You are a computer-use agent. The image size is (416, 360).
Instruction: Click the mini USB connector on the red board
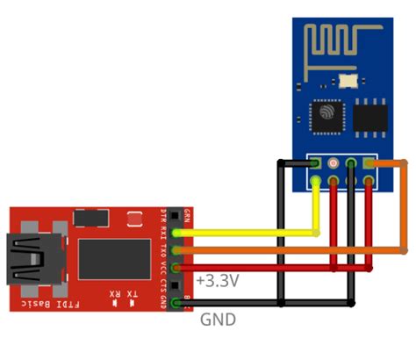(x=32, y=259)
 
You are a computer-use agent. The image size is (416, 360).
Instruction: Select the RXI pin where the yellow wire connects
(x=178, y=234)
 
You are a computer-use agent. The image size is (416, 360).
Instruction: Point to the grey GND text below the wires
(x=219, y=320)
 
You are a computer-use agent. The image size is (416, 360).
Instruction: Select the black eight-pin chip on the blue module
(x=369, y=115)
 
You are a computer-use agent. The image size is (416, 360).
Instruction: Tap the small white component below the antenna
(x=351, y=81)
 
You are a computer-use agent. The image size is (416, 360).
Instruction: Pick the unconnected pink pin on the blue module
(x=333, y=163)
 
